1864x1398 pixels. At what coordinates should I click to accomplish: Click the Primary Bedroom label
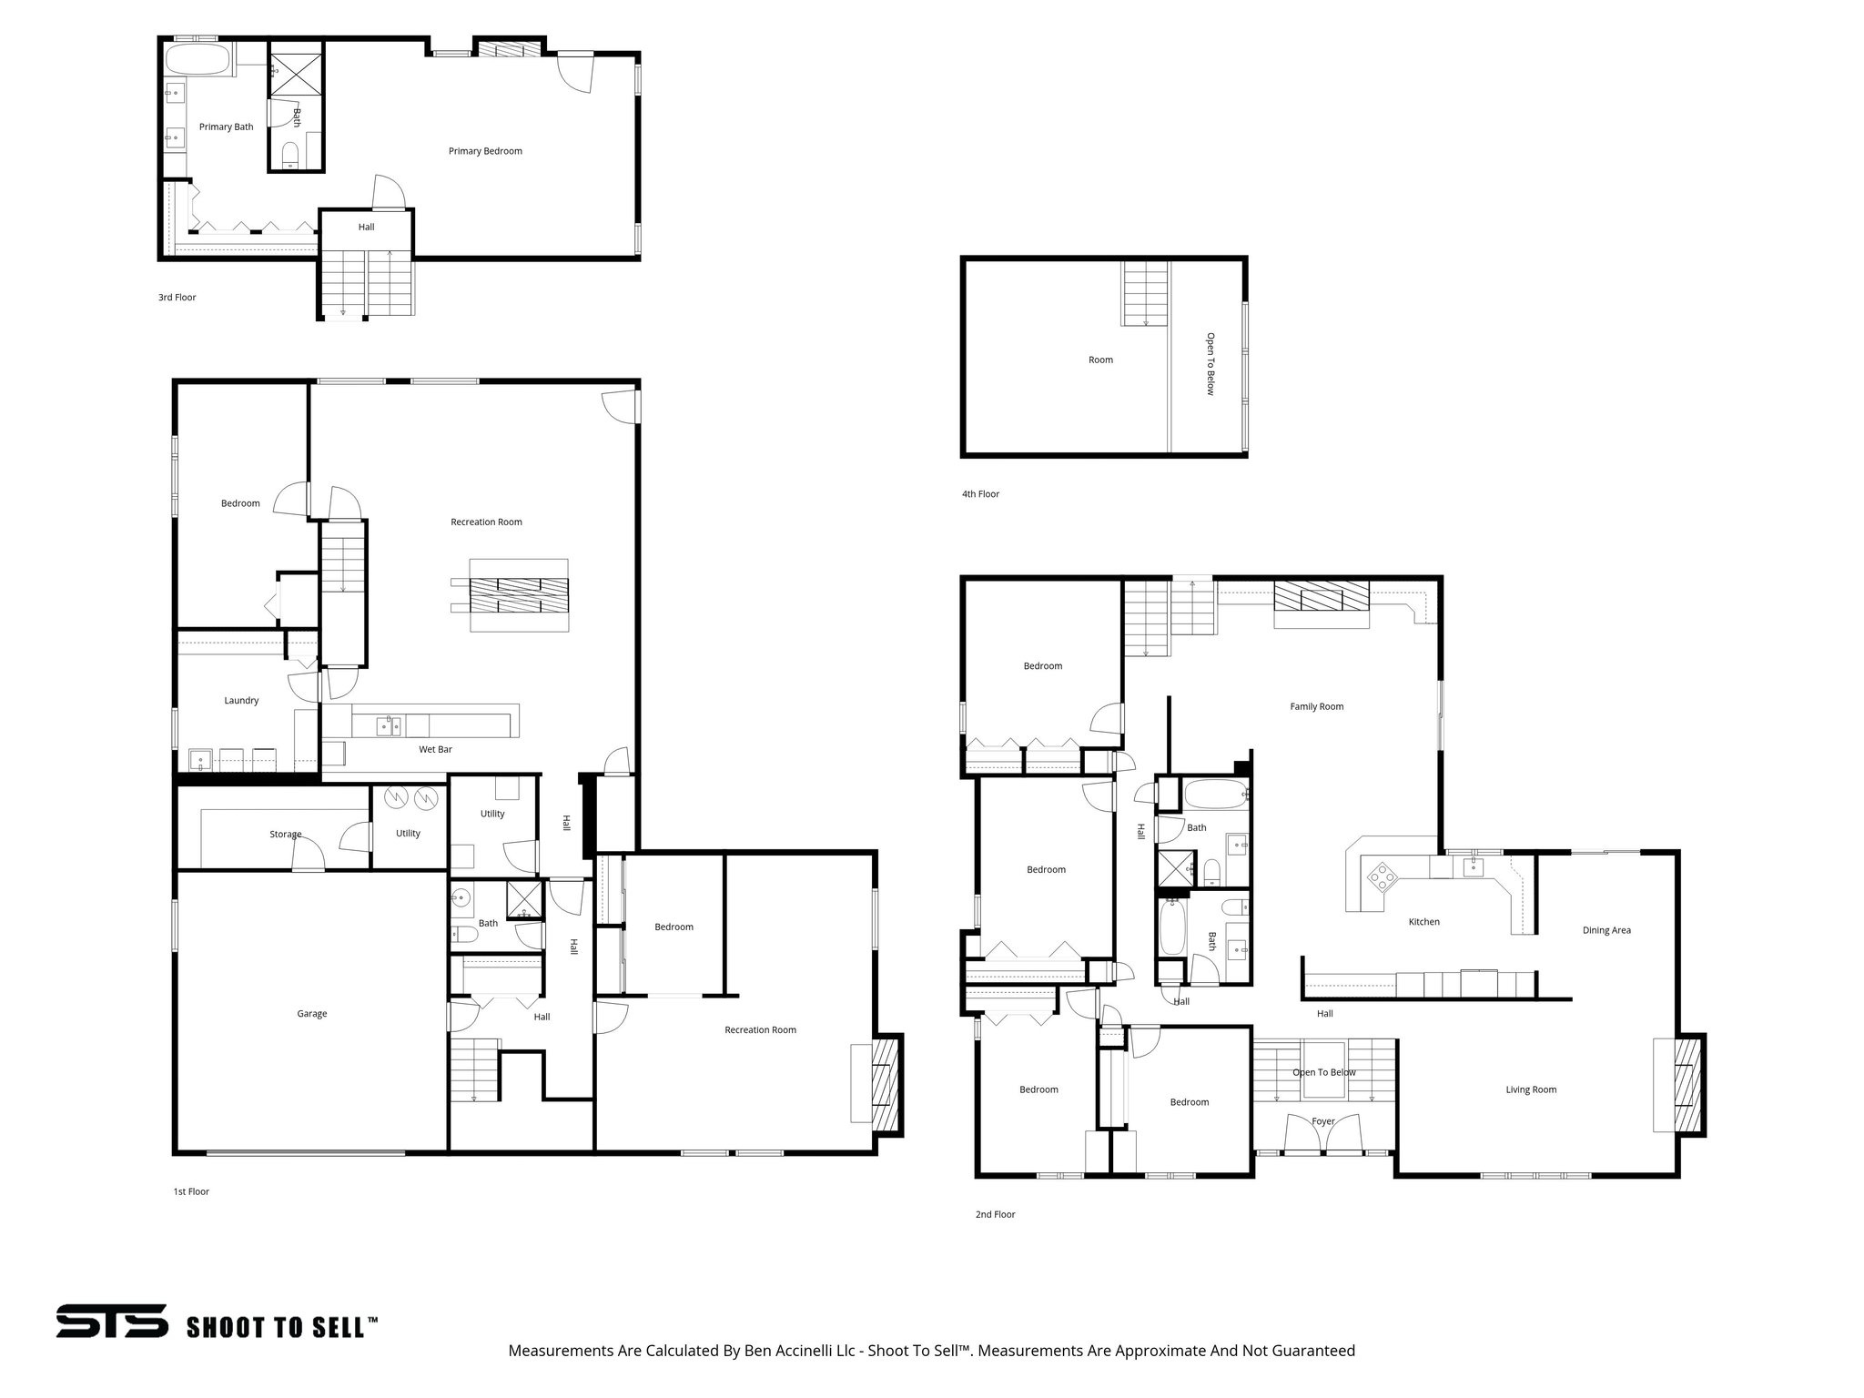(x=485, y=151)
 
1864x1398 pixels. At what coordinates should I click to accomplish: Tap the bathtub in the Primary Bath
(x=197, y=63)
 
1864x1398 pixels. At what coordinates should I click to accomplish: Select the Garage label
(x=311, y=1013)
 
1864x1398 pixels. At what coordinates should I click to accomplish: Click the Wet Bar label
(x=435, y=749)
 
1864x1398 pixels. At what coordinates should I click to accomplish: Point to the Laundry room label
(x=241, y=700)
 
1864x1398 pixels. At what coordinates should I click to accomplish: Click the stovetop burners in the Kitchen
(x=1382, y=876)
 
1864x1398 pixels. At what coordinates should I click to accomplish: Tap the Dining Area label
(x=1606, y=930)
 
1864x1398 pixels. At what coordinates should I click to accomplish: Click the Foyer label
(x=1322, y=1121)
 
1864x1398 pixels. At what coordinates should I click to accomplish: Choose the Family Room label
(x=1316, y=706)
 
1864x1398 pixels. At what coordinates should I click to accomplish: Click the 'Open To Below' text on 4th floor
(x=1211, y=363)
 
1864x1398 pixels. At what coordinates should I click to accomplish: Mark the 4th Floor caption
(x=980, y=494)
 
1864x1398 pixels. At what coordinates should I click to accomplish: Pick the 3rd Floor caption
(x=177, y=298)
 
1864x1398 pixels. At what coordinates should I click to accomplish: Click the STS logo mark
(x=111, y=1321)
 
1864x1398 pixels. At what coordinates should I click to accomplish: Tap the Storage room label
(x=285, y=834)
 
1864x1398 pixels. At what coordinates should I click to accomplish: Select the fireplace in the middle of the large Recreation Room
(x=519, y=595)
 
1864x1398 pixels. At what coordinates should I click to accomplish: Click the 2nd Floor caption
(x=995, y=1214)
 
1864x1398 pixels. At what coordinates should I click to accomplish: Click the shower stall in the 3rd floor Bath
(x=295, y=71)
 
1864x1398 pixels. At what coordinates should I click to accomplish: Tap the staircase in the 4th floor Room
(x=1145, y=293)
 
